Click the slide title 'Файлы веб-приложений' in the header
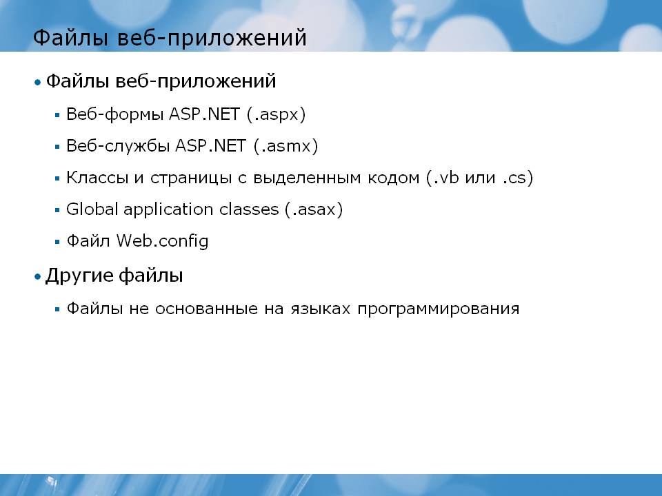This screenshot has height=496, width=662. pyautogui.click(x=170, y=38)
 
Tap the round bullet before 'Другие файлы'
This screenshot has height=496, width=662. pyautogui.click(x=38, y=277)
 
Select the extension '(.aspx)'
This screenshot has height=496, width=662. pyautogui.click(x=276, y=114)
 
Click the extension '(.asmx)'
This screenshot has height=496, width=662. pyautogui.click(x=285, y=146)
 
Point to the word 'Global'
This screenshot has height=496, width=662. pyautogui.click(x=92, y=209)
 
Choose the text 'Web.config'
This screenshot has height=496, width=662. pyautogui.click(x=163, y=241)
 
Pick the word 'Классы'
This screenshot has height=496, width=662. pyautogui.click(x=97, y=178)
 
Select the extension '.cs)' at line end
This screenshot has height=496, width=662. pyautogui.click(x=518, y=178)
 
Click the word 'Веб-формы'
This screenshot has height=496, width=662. pyautogui.click(x=115, y=114)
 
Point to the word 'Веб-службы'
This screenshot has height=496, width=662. pyautogui.click(x=118, y=146)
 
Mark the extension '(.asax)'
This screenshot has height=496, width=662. pyautogui.click(x=314, y=209)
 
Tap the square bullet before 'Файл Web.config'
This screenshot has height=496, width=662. pyautogui.click(x=57, y=242)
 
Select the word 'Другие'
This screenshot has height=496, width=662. pyautogui.click(x=79, y=276)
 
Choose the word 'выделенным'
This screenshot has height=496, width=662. pyautogui.click(x=307, y=178)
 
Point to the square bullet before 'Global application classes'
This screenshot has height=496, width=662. pyautogui.click(x=57, y=210)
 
